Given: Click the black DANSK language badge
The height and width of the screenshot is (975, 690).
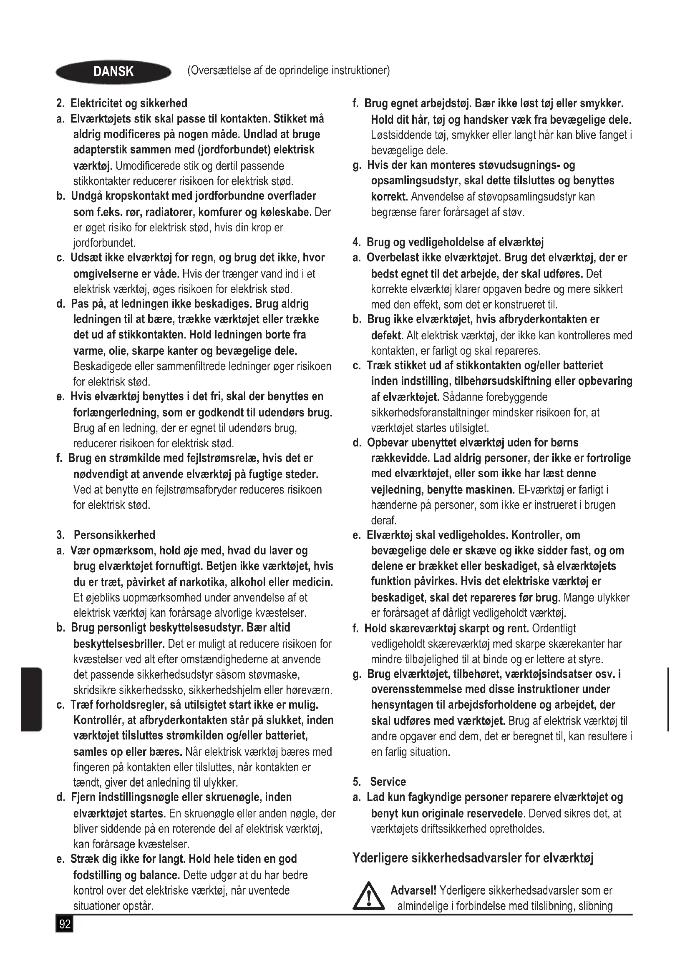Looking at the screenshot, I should pos(113,72).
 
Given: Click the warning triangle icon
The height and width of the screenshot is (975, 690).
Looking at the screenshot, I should pos(368,897).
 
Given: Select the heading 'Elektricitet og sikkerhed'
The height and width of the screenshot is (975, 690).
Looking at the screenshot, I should pos(128,103).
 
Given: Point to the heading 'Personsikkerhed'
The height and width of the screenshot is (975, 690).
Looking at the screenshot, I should pos(114,535).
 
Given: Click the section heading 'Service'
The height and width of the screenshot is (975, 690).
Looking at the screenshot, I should pos(388,782).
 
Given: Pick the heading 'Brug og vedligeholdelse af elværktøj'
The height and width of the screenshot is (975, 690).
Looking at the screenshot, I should pos(455,242).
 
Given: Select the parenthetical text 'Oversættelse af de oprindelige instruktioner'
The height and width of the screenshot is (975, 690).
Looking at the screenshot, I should pos(289,70).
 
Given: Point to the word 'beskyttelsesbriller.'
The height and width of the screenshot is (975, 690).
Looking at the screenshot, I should pos(119,644).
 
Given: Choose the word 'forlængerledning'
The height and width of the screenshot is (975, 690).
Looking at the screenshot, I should pos(113,412).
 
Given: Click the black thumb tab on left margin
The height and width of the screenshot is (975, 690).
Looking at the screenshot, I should pos(31,699).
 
